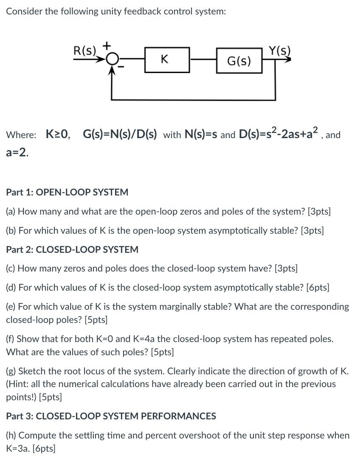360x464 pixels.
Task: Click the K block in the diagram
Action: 164,60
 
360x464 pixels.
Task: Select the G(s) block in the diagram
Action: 239,61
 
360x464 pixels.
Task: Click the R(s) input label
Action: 85,51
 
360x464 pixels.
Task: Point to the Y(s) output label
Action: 280,51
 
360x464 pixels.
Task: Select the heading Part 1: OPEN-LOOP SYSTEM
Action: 67,192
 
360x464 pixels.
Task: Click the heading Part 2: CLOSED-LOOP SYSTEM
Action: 72,249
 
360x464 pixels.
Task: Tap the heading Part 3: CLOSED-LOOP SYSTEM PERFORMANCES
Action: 111,416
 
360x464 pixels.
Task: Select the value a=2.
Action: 17,153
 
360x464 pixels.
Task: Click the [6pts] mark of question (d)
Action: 318,287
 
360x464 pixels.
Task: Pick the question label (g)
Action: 11,371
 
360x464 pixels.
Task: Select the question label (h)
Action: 11,436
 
